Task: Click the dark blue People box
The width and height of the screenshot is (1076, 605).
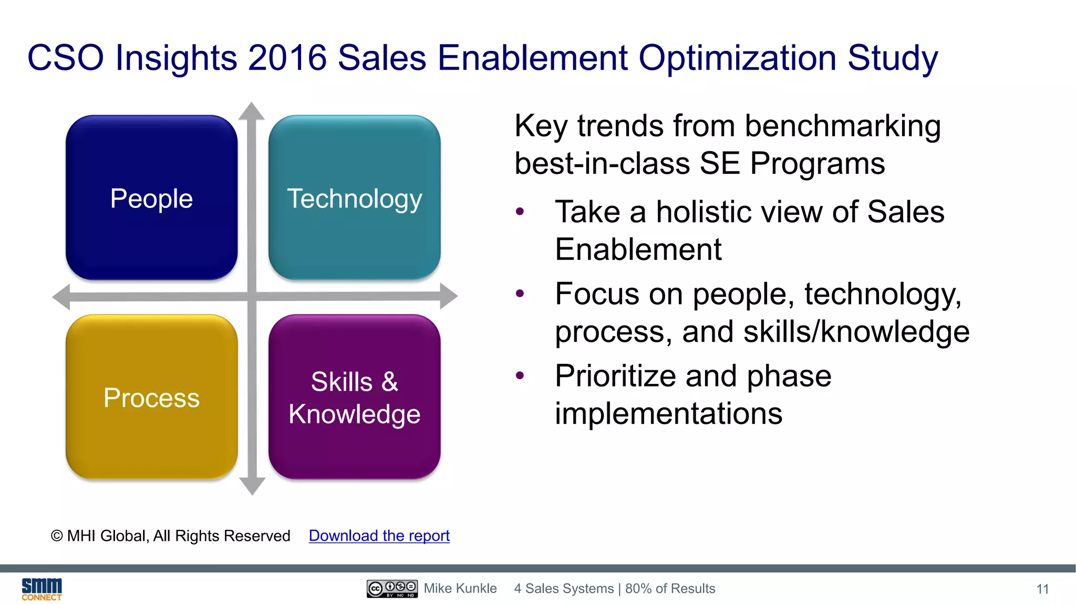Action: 151,197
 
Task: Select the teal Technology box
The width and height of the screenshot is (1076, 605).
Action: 354,197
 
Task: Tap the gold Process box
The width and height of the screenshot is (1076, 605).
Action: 151,397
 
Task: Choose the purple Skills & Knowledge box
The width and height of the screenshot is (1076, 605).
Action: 354,397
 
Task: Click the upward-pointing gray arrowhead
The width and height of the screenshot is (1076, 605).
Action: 252,111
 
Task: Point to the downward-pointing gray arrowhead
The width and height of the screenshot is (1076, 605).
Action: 252,486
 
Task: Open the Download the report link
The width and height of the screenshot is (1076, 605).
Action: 379,536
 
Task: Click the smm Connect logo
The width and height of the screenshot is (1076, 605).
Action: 42,589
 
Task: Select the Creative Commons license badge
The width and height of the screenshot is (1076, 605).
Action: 392,589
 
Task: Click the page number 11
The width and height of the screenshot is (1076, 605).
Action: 1042,589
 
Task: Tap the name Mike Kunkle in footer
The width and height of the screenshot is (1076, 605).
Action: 460,589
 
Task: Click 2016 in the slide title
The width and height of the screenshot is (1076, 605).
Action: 287,58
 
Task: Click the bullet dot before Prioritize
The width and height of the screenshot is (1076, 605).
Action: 520,375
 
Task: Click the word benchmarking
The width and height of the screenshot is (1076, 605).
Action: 842,127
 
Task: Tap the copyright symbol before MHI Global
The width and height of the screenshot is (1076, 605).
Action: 57,536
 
